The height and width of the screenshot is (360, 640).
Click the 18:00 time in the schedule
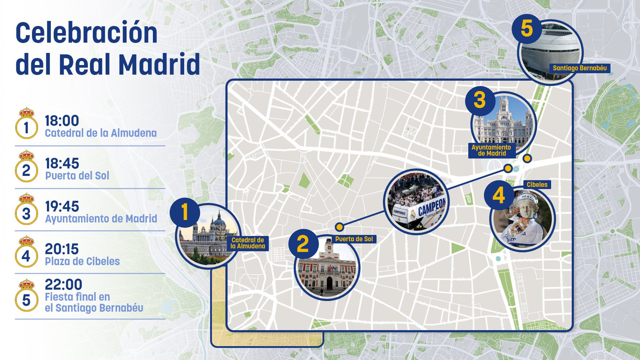coord(62,121)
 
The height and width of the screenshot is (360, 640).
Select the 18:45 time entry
coord(62,163)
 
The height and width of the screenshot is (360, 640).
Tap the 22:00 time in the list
coord(63,284)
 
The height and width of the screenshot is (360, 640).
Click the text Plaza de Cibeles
coord(82,262)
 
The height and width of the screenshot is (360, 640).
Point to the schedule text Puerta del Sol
coord(77,176)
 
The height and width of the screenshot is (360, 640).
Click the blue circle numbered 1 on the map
coord(185,213)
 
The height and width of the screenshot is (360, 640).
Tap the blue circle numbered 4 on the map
coord(498,195)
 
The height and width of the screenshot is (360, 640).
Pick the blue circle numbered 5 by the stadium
coord(527,29)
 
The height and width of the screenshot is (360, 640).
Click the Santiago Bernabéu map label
coord(580,68)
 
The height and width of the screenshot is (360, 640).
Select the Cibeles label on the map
coord(537,184)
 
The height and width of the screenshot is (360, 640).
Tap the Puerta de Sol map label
coord(354,239)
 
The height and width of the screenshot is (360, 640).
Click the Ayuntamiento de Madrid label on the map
coord(491,150)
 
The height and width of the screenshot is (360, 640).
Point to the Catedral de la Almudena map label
coord(247,243)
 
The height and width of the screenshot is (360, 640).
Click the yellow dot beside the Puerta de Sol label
coord(340,227)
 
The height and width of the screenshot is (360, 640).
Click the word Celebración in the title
coord(86,33)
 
